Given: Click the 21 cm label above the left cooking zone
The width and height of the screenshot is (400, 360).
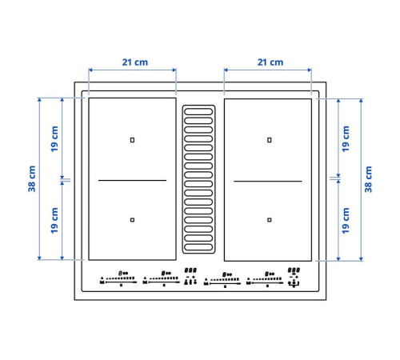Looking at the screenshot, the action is (x=135, y=62).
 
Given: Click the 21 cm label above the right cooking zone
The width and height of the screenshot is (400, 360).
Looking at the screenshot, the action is (x=270, y=62).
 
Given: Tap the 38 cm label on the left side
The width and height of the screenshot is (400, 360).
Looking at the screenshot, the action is (x=32, y=178).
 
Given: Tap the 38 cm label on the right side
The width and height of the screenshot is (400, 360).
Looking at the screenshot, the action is (x=368, y=179).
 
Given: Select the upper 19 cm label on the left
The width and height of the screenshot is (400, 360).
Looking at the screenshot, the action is (x=54, y=139).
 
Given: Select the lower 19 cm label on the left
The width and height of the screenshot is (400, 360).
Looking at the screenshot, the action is (x=54, y=220).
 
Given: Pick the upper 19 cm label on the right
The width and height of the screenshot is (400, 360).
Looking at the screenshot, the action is (x=346, y=139).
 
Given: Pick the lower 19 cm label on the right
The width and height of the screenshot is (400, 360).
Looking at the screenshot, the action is (x=346, y=221).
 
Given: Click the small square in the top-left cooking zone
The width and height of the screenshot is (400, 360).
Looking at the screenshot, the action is (x=132, y=140).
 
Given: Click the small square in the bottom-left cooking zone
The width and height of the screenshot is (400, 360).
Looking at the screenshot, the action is (x=132, y=220).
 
